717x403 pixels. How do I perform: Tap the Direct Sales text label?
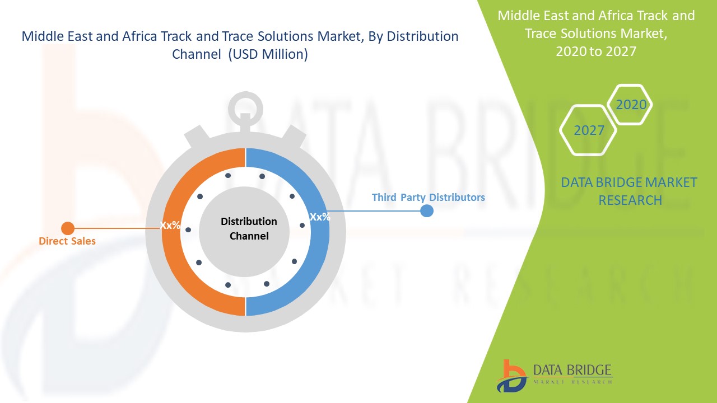67,241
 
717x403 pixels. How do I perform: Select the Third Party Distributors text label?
428,198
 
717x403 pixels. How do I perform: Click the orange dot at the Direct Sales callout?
68,228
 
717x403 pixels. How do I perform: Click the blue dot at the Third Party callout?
427,211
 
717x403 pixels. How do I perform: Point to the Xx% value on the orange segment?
170,225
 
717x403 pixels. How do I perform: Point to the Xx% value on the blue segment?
320,217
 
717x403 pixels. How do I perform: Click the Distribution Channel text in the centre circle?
249,228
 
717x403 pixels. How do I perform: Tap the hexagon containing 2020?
631,105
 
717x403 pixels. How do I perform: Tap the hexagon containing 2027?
589,130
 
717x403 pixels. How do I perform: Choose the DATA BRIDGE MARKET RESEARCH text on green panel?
629,191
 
